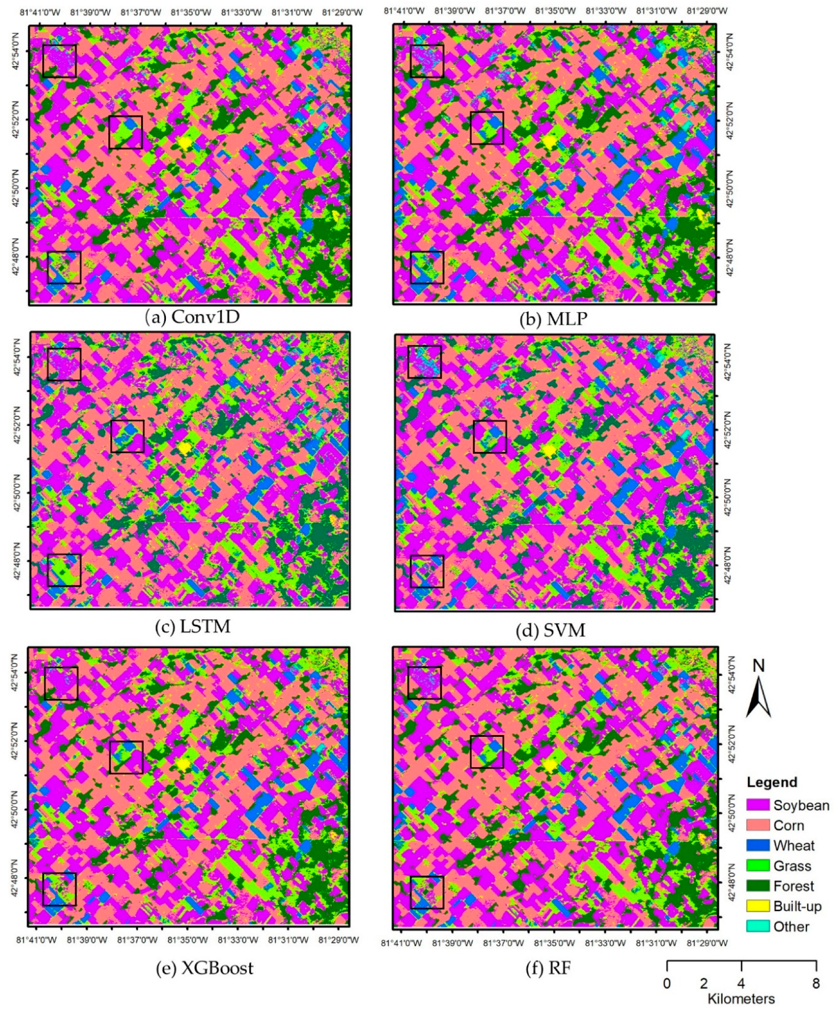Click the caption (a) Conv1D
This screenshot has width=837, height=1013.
click(193, 317)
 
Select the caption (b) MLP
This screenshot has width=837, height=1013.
click(553, 319)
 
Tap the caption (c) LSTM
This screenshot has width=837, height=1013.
click(193, 626)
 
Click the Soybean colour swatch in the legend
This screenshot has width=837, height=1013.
click(758, 805)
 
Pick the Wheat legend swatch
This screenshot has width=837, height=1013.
click(758, 845)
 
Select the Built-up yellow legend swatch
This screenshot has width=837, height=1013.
click(758, 906)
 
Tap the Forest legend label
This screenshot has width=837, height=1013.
click(794, 886)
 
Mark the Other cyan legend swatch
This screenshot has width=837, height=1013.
click(758, 926)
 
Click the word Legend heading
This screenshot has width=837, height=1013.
click(772, 782)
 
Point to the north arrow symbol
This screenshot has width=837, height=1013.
click(758, 696)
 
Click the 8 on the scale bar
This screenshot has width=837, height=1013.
click(816, 983)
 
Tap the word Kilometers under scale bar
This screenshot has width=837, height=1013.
click(741, 999)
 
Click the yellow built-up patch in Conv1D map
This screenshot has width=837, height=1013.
click(184, 143)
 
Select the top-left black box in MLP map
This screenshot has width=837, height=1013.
click(427, 61)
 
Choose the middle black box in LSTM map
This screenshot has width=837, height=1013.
click(127, 436)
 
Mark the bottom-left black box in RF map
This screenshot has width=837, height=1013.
click(427, 892)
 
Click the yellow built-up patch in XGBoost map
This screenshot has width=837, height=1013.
click(183, 764)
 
